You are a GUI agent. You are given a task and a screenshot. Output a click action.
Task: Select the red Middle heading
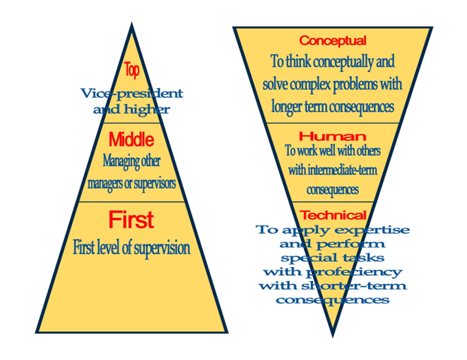(131, 139)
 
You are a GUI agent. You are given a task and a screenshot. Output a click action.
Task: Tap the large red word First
(131, 219)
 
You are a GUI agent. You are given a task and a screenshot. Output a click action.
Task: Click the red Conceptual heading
(333, 41)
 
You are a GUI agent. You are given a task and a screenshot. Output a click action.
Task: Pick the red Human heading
(333, 136)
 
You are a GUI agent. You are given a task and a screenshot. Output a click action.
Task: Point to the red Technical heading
(333, 216)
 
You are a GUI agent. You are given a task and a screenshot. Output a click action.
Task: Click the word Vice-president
(131, 94)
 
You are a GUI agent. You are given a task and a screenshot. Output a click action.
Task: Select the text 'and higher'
(131, 110)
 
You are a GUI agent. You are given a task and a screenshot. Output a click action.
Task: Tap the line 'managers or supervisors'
(131, 183)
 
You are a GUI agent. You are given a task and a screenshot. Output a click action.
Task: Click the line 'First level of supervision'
(131, 247)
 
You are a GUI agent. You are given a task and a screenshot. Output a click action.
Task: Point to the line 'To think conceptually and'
(333, 62)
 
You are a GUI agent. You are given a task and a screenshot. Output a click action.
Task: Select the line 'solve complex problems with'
(333, 83)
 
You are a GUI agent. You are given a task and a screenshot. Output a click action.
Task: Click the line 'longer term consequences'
(333, 106)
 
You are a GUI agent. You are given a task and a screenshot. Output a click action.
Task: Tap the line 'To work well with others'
(333, 150)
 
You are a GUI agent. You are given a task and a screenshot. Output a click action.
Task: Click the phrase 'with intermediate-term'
(333, 171)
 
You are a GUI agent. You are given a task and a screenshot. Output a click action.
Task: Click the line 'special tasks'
(333, 258)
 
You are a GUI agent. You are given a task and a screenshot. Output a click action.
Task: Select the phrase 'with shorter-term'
(333, 286)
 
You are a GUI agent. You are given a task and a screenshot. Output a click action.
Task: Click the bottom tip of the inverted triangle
(333, 334)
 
